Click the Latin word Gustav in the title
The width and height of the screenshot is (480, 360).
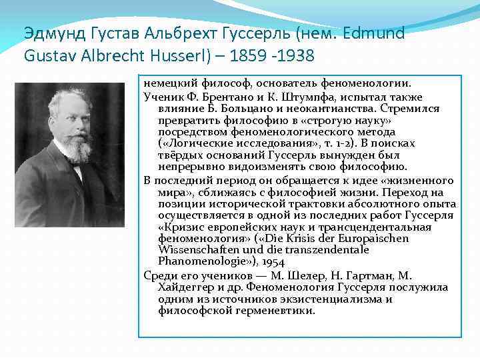coord(49,55)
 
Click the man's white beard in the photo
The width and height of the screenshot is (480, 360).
coord(78,150)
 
